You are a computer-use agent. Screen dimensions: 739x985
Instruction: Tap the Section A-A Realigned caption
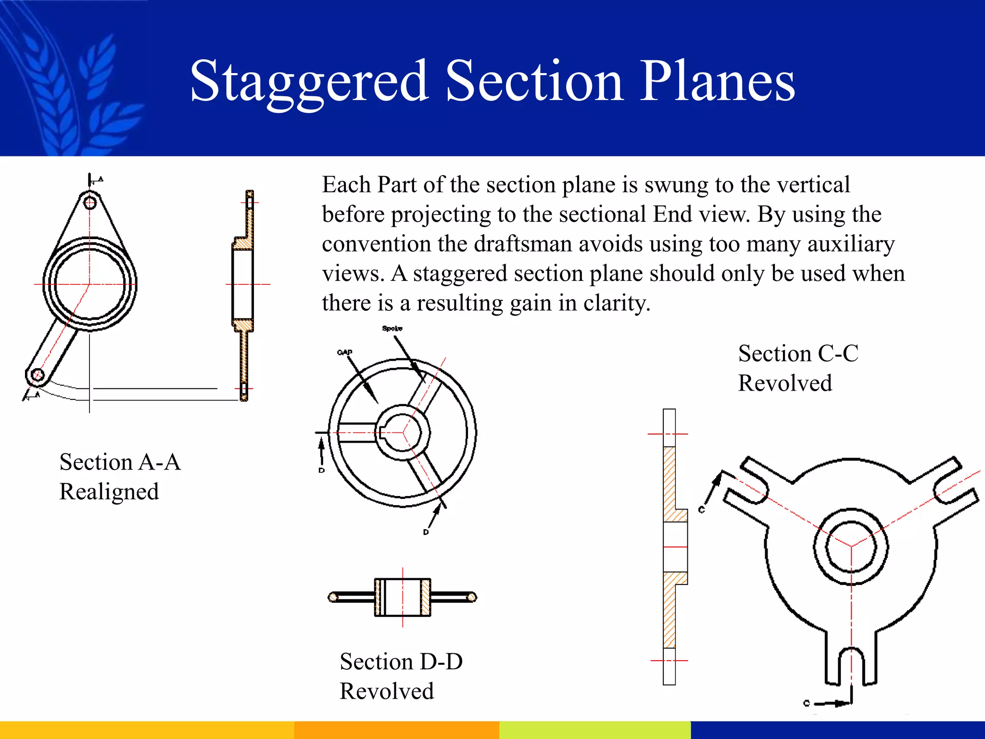pos(120,476)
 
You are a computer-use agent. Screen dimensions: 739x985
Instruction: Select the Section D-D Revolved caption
pos(401,676)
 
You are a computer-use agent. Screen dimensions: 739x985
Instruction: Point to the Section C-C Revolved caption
pos(798,368)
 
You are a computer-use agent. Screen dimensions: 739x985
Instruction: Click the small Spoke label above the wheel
pos(392,328)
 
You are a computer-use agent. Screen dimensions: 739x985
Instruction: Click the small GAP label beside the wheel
pos(344,352)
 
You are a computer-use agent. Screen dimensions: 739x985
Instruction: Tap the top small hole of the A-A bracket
pos(90,202)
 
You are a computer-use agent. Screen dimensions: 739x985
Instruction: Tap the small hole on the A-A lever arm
pos(37,375)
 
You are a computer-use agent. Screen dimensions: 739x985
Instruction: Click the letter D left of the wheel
pos(321,470)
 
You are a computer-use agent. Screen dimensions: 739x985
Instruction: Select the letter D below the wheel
pos(426,532)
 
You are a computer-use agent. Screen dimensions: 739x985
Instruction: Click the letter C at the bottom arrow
pos(807,703)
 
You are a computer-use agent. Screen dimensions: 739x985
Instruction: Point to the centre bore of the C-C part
pos(851,546)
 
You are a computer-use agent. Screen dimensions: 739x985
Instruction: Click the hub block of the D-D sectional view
pos(403,597)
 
